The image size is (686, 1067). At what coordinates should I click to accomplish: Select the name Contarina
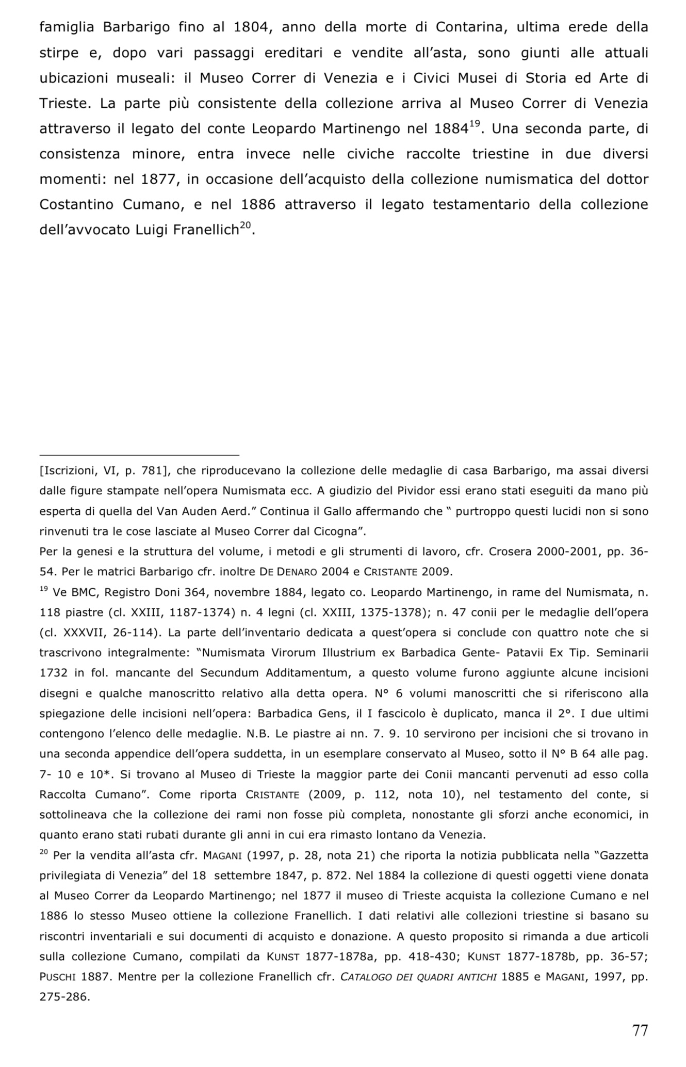coord(468,27)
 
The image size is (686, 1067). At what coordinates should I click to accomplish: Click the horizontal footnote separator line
coord(139,455)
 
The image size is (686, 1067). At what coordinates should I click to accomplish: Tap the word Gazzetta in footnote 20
coord(624,855)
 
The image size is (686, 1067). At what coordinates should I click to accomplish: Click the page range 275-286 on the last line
coord(64,997)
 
